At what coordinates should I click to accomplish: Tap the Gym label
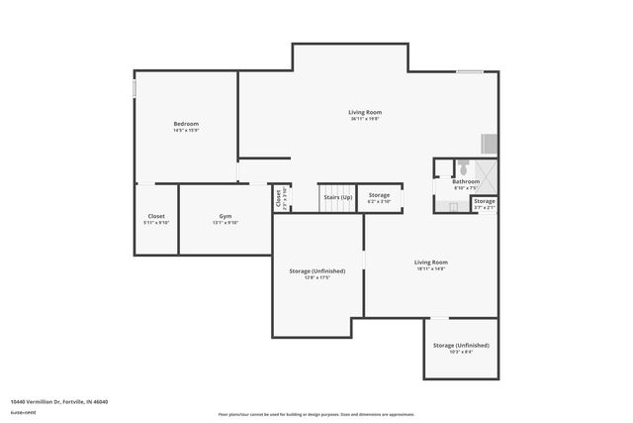pos(226,215)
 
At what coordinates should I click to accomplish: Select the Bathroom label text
pos(466,181)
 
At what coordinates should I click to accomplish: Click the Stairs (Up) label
pos(338,196)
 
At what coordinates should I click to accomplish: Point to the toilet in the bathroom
pos(461,165)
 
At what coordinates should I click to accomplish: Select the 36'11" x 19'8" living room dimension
pos(365,119)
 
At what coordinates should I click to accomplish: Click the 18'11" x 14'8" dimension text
pos(430,268)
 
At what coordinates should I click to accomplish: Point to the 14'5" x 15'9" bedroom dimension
pos(186,130)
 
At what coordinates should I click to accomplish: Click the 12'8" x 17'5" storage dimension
pos(316,277)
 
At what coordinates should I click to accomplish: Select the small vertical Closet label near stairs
pos(280,198)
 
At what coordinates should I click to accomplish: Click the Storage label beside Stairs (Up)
pos(379,195)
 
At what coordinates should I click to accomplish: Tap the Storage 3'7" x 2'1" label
pos(484,204)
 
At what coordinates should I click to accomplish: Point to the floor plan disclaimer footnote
pos(316,414)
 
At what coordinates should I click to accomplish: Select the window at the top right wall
pos(470,71)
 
